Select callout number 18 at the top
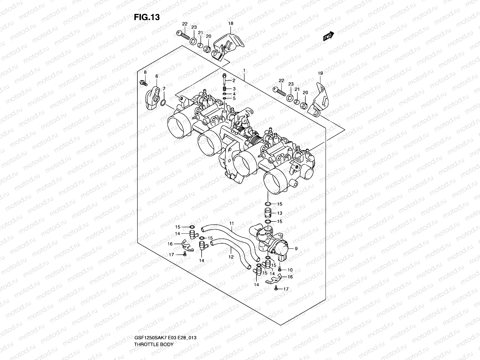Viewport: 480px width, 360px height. point(230,23)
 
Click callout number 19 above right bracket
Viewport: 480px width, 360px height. point(320,73)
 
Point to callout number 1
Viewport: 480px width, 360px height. point(244,70)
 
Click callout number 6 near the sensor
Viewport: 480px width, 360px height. point(156,76)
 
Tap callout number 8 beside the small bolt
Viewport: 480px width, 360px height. point(145,72)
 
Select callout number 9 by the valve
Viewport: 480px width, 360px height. point(296,248)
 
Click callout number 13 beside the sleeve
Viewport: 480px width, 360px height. point(279,213)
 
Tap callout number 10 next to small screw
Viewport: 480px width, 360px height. point(290,270)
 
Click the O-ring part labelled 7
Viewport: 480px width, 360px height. point(163,103)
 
